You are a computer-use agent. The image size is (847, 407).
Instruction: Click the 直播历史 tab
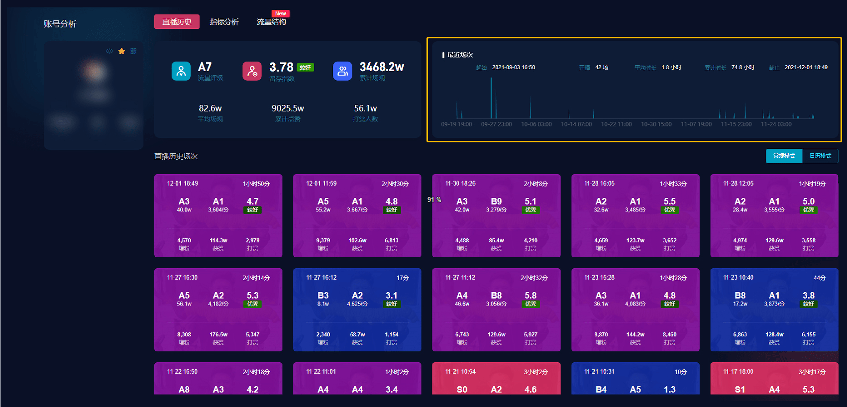click(177, 22)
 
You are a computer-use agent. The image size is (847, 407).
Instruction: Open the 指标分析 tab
click(224, 22)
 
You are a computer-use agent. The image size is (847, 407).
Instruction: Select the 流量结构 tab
click(271, 22)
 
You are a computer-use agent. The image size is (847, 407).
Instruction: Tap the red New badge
click(281, 13)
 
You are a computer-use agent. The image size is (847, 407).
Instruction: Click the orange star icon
click(121, 51)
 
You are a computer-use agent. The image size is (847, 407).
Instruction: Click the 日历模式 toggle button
click(820, 156)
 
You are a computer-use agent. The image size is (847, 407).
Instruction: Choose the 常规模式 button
click(784, 156)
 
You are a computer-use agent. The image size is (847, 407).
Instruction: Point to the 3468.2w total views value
click(382, 67)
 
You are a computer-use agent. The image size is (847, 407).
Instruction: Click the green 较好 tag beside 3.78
click(305, 68)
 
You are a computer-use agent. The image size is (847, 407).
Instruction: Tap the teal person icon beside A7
click(181, 71)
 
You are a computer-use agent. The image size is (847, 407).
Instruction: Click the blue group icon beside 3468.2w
click(342, 71)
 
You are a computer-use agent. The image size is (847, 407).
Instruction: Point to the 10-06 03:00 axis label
click(536, 124)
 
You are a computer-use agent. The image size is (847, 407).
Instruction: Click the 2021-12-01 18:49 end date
click(806, 67)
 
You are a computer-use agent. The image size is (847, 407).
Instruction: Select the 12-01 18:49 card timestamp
click(183, 184)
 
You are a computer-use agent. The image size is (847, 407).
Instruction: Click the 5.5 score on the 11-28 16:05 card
click(669, 202)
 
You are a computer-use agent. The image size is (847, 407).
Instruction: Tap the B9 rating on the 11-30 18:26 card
click(496, 202)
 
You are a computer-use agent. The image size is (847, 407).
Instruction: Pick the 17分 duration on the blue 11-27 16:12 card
click(403, 278)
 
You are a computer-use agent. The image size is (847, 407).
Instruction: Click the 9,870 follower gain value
click(601, 335)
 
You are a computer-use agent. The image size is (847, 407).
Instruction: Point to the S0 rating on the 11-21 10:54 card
click(462, 390)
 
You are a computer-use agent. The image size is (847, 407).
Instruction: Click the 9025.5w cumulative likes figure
click(288, 108)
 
